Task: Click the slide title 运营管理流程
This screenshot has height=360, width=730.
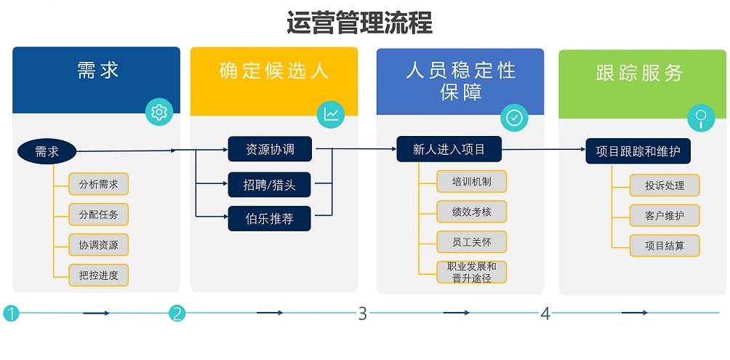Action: pos(359,23)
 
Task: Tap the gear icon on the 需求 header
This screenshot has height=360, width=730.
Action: pos(159,112)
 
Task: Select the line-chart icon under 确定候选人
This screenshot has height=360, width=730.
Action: pos(331,113)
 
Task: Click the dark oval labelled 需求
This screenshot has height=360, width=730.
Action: pos(47,151)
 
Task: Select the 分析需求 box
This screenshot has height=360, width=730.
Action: pos(99,184)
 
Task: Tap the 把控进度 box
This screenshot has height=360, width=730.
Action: pos(99,274)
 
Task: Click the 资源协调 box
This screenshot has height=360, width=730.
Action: pos(270,150)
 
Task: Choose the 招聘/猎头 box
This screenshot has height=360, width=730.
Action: pos(270,185)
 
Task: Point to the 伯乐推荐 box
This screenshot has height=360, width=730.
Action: pos(270,218)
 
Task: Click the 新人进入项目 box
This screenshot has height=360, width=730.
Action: pos(449,150)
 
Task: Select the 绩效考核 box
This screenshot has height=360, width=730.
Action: pos(472,212)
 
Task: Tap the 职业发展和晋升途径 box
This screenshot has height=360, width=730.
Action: pos(472,271)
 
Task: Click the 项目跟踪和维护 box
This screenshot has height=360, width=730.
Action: pos(638,151)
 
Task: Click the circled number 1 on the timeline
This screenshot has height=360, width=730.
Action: pos(10,313)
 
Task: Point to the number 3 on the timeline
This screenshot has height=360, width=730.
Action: pos(362,313)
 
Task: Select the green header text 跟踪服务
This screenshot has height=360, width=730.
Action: pos(639,73)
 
